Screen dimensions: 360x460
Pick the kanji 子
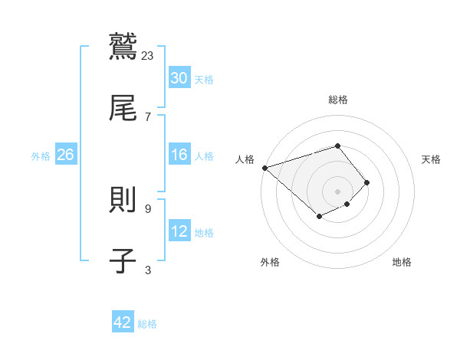coord(123,260)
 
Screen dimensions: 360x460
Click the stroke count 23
coord(148,55)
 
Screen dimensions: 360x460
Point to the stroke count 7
coord(147,116)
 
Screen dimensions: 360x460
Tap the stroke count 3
coord(147,270)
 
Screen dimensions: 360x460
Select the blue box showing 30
coord(179,78)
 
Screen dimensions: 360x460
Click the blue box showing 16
coord(179,155)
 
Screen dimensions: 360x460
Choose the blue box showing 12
coord(179,231)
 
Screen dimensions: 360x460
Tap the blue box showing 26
coord(65,155)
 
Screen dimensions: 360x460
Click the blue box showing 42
coord(123,322)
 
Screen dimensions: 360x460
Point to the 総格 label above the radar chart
coord(338,100)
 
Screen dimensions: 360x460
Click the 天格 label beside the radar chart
coord(431,159)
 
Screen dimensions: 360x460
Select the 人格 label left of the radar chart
coord(245,159)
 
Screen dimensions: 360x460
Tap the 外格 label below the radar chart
coord(270,262)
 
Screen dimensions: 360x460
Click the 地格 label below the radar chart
coord(402,262)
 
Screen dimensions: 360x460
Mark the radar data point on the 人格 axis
coord(264,168)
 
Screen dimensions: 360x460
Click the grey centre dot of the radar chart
coord(338,191)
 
